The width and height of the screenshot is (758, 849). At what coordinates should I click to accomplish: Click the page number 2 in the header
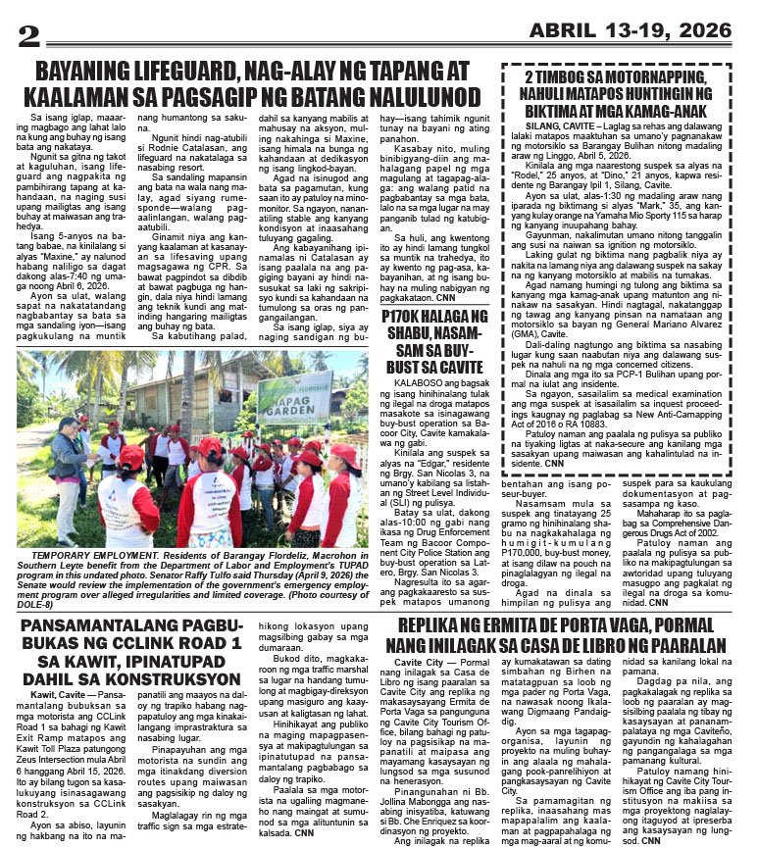pyautogui.click(x=29, y=33)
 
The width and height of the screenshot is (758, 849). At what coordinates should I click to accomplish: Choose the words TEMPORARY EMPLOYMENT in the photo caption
pyautogui.click(x=91, y=554)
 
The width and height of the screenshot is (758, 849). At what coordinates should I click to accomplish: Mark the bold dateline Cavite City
pyautogui.click(x=417, y=664)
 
